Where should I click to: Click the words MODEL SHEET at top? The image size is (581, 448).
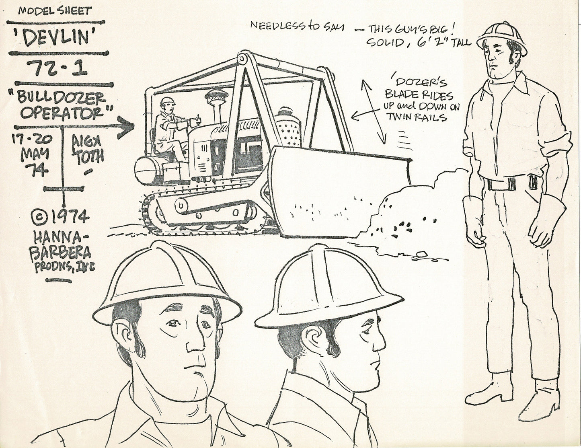point(55,11)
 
